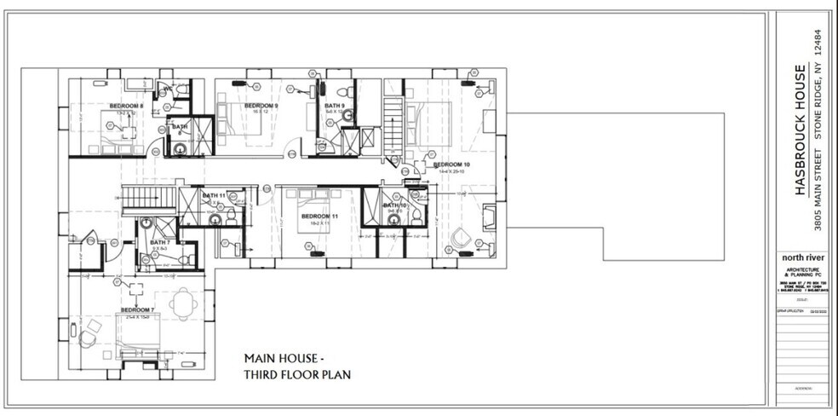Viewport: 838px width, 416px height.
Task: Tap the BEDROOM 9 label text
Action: [x=261, y=106]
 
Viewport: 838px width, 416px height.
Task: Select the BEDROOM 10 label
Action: [x=451, y=164]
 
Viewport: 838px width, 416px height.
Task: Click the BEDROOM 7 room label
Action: [x=136, y=309]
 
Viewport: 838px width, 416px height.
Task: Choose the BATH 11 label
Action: [x=214, y=195]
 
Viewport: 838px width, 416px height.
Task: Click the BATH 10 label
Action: [x=393, y=205]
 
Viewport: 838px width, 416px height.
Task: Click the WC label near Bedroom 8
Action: [x=169, y=88]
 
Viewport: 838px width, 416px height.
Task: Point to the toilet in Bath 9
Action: [x=342, y=92]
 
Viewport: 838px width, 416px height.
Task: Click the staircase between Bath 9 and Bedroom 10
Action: [x=392, y=128]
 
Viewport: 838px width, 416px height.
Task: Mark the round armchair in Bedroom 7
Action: [x=86, y=338]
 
